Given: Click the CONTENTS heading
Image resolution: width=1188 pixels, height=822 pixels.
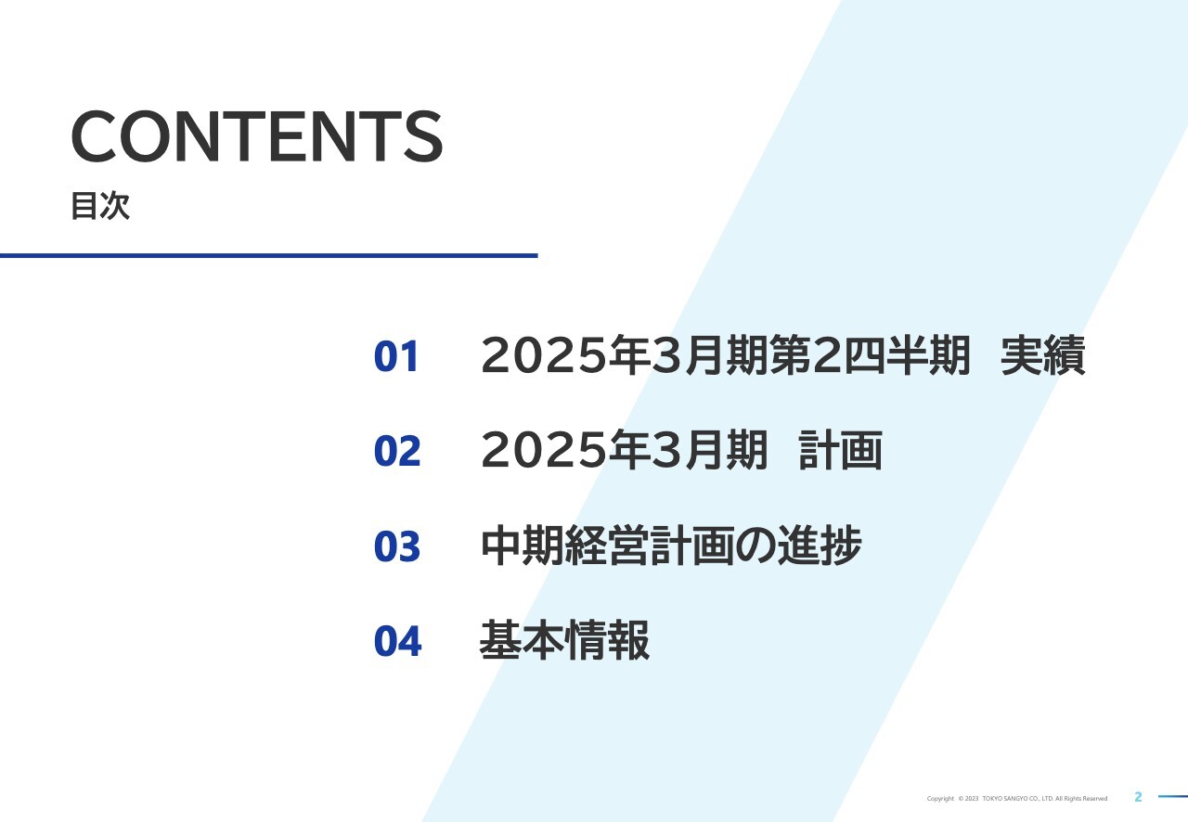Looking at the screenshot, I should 257,136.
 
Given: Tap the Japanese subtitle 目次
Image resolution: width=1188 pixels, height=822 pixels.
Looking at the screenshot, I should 100,206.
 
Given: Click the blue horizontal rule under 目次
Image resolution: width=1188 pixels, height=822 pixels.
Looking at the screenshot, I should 268,255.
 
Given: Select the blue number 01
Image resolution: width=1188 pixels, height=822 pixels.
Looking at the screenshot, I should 397,357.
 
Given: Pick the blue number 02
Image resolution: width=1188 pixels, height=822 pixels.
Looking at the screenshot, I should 397,451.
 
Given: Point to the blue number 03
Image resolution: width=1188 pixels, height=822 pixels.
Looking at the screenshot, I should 397,547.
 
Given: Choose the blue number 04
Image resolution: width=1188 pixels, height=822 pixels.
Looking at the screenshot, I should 397,641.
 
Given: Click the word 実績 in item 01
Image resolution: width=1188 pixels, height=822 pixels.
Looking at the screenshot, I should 1043,356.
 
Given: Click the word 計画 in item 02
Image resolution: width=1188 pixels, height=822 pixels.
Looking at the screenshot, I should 840,451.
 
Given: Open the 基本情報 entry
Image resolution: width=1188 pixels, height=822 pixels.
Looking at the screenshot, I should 564,640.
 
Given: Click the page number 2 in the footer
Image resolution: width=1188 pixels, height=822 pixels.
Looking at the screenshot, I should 1139,797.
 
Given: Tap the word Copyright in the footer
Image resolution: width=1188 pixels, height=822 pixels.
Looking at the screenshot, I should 940,799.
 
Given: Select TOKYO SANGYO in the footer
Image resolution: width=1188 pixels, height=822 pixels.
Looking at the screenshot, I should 1007,799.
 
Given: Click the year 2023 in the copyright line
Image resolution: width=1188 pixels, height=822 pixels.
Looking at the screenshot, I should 971,799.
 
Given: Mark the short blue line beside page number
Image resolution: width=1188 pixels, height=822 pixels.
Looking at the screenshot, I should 1172,796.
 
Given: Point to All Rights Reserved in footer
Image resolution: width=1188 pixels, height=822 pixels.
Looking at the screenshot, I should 1081,799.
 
